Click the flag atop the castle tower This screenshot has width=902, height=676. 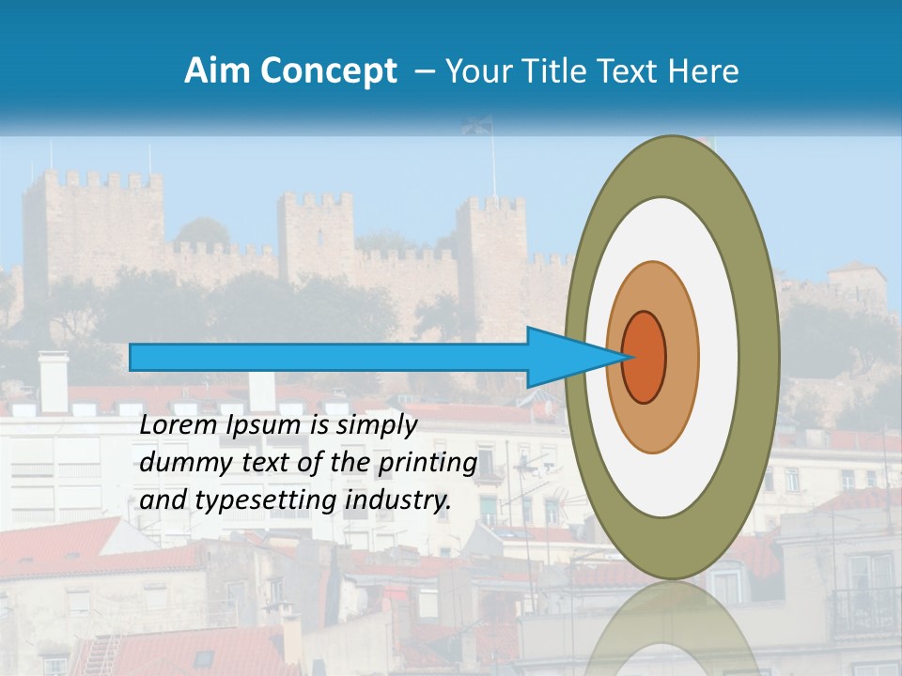pyautogui.click(x=477, y=126)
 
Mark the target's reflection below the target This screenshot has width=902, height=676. pyautogui.click(x=672, y=629)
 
